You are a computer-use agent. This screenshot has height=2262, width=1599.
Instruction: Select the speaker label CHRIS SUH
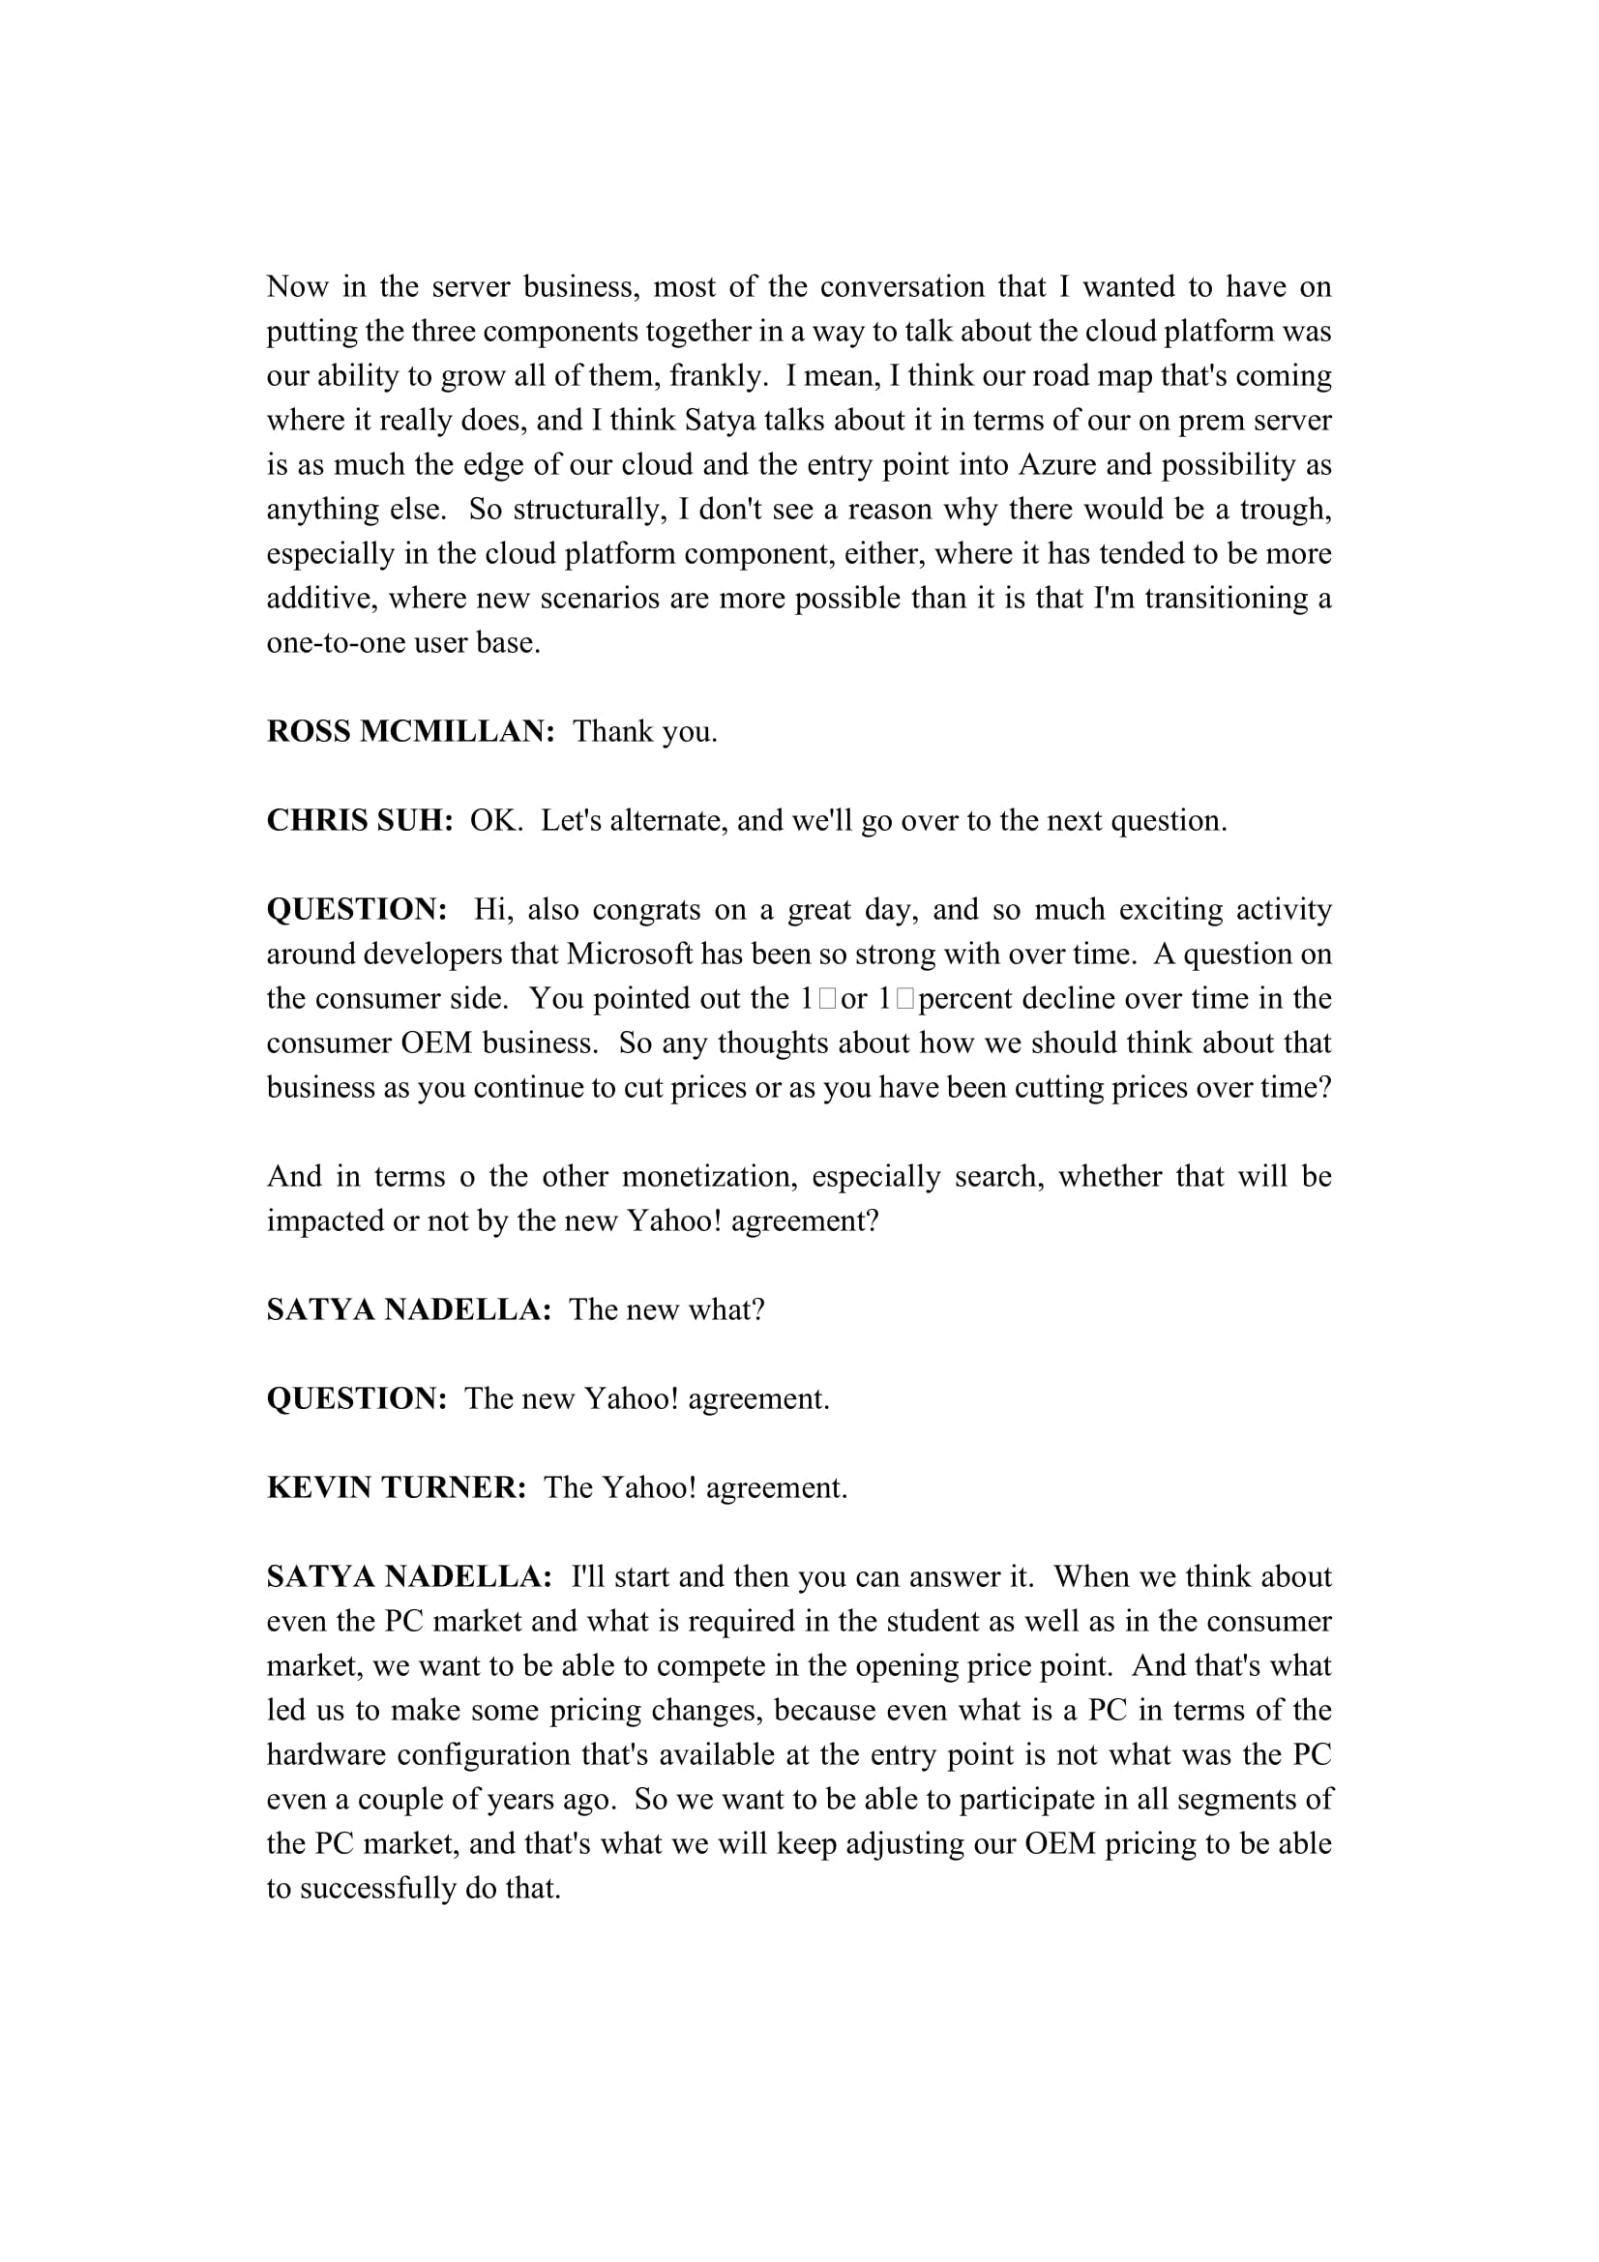pos(360,821)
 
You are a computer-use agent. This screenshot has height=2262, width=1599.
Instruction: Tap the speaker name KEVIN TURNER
pos(397,1487)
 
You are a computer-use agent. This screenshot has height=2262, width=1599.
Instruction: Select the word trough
pos(1285,510)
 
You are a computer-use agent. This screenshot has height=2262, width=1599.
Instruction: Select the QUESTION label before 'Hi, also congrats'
pos(357,909)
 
